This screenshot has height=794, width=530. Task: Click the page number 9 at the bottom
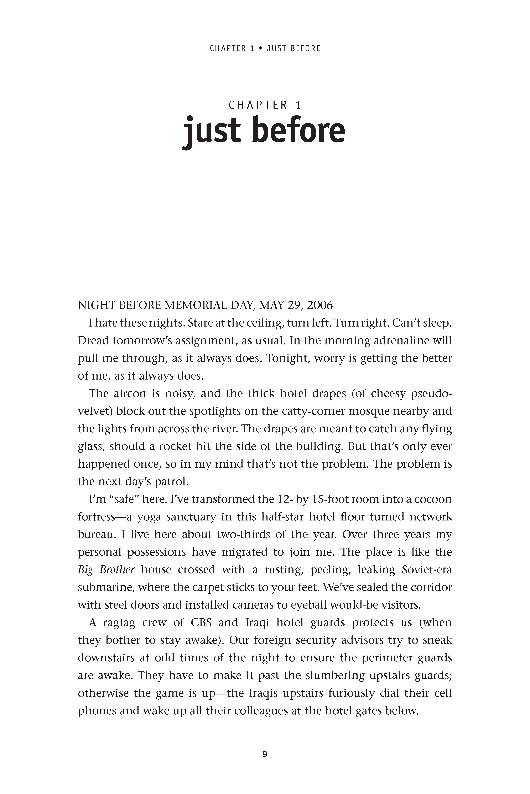[x=265, y=754]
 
